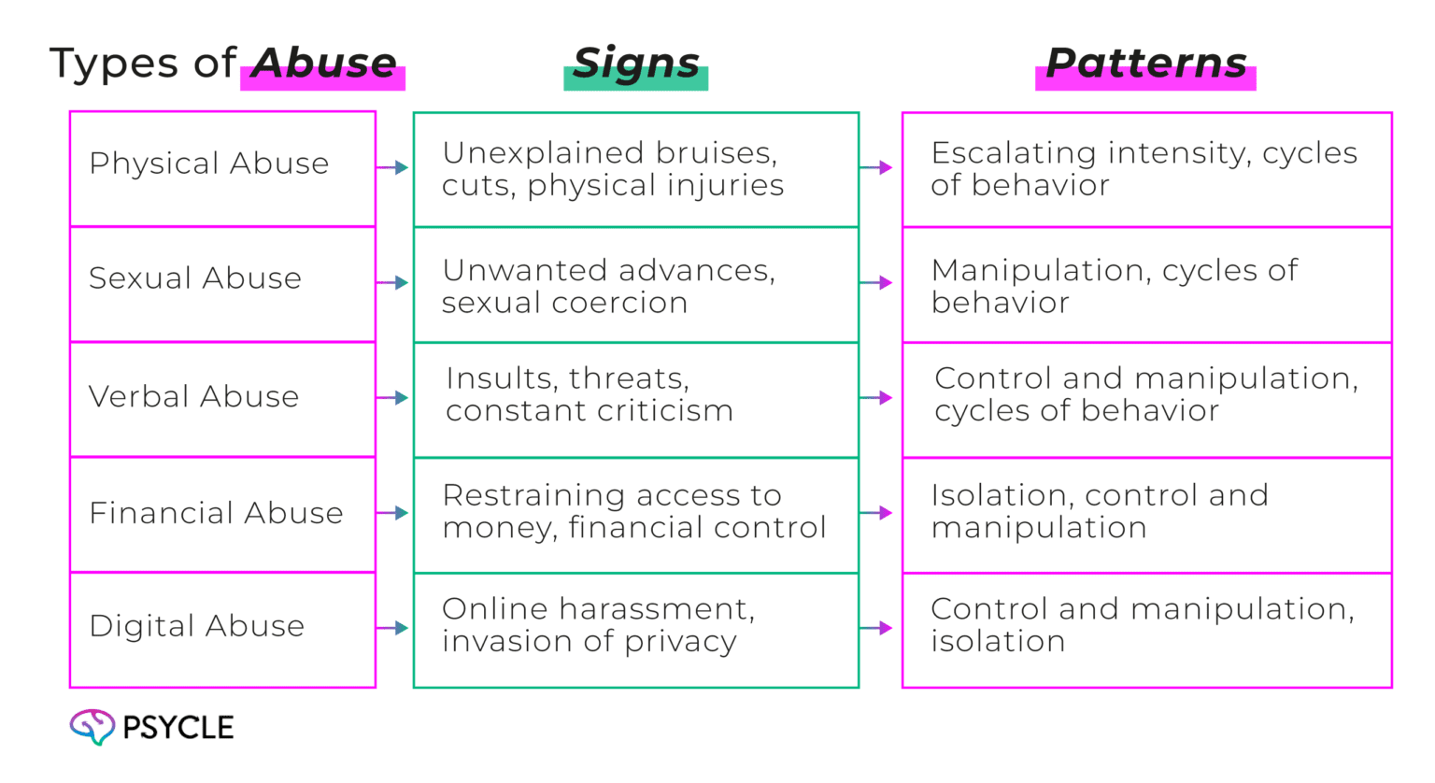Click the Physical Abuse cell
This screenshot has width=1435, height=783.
click(x=221, y=168)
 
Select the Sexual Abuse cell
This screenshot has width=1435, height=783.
click(x=221, y=283)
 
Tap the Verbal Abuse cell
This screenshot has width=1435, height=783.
click(x=221, y=399)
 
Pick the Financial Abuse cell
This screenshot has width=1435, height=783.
click(x=221, y=514)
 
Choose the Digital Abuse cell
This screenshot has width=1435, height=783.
click(x=221, y=629)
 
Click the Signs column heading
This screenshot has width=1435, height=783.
click(x=635, y=64)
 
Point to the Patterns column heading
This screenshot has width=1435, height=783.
click(x=1145, y=64)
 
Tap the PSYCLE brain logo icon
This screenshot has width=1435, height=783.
click(x=91, y=727)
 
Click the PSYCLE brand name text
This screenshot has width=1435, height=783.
click(x=178, y=728)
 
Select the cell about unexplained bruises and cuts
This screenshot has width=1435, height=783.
click(x=635, y=169)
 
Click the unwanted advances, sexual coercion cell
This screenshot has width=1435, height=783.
click(x=635, y=285)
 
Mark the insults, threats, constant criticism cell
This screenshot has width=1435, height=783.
click(x=635, y=400)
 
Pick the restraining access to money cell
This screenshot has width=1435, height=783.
click(x=635, y=514)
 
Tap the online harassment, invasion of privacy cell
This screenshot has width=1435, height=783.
click(x=635, y=631)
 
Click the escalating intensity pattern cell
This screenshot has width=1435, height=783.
click(x=1146, y=169)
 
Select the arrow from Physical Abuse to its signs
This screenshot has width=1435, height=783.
click(x=393, y=168)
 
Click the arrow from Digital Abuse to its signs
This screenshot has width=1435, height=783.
click(x=393, y=629)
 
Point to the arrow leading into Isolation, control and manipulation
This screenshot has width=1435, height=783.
click(x=878, y=514)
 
